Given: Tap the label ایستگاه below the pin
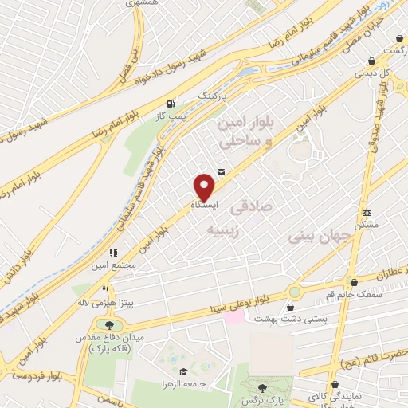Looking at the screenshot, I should point(205,206).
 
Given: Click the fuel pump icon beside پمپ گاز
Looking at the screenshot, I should point(171,104).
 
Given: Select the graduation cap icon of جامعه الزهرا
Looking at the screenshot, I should point(182,373).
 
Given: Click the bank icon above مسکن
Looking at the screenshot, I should point(366,213).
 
